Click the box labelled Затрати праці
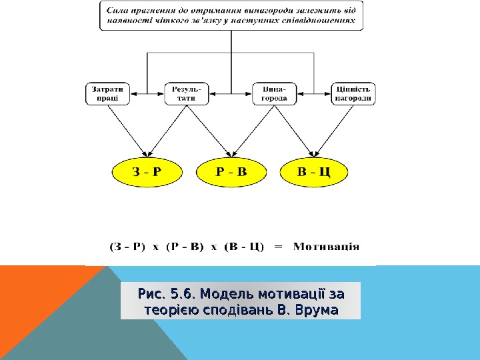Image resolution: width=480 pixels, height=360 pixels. click(108, 93)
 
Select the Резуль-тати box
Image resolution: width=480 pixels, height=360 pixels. click(186, 93)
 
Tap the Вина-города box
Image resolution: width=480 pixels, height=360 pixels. click(274, 93)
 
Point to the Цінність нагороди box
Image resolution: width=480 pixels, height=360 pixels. click(353, 93)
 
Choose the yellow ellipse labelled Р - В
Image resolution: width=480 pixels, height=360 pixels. click(232, 173)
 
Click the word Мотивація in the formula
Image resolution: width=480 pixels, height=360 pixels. click(327, 245)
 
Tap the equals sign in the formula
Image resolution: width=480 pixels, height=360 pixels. click(279, 246)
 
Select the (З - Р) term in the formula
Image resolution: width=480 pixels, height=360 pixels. click(127, 246)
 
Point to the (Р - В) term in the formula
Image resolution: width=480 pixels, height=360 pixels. click(185, 246)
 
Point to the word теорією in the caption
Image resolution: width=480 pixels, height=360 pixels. click(169, 310)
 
